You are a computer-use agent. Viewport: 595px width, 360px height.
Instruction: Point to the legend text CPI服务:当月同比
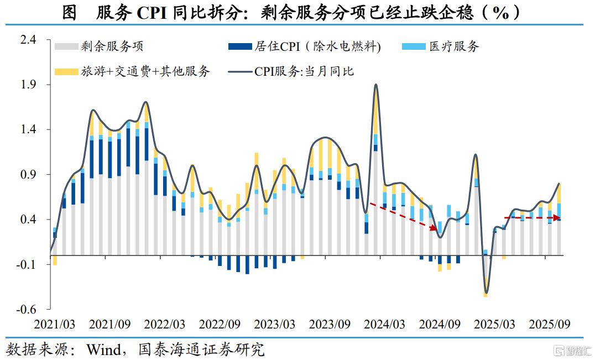tap(304, 71)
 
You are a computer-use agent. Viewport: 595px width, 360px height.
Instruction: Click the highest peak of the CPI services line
tap(376, 85)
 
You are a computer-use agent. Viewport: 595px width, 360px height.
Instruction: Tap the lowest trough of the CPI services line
tap(486, 293)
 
